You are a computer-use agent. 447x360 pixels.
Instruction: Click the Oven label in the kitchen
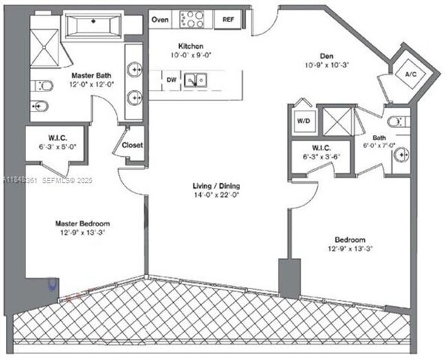point(160,19)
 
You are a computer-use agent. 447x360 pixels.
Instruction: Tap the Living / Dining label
point(215,186)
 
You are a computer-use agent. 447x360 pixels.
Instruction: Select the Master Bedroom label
point(83,223)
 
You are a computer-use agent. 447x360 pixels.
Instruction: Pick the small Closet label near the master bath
point(132,145)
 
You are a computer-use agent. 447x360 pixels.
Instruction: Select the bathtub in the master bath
point(92,25)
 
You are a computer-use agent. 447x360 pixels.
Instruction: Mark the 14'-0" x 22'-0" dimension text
point(215,195)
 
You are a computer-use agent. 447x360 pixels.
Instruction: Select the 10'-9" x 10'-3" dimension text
point(327,67)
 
